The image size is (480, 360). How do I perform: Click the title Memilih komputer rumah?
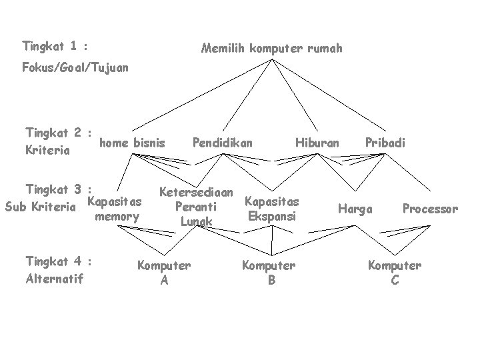pyautogui.click(x=271, y=48)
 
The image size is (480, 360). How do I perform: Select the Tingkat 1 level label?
pyautogui.click(x=56, y=46)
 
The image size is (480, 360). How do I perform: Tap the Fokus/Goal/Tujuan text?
pyautogui.click(x=75, y=67)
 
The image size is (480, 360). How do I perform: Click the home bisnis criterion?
pyautogui.click(x=131, y=142)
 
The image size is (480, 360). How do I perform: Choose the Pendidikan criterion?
pyautogui.click(x=222, y=142)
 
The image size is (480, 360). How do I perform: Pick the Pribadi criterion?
pyautogui.click(x=385, y=142)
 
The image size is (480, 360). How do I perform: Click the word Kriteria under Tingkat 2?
pyautogui.click(x=48, y=150)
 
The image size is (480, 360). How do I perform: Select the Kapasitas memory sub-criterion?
pyautogui.click(x=115, y=209)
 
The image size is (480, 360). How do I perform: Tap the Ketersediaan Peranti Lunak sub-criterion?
pyautogui.click(x=197, y=207)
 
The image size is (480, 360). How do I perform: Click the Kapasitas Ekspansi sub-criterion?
pyautogui.click(x=272, y=208)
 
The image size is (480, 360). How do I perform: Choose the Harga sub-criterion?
pyautogui.click(x=355, y=209)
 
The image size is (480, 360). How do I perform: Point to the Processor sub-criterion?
pyautogui.click(x=430, y=209)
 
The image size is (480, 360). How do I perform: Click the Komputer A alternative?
pyautogui.click(x=164, y=273)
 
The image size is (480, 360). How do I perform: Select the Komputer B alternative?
pyautogui.click(x=269, y=273)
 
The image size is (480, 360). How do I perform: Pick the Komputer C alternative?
pyautogui.click(x=395, y=273)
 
